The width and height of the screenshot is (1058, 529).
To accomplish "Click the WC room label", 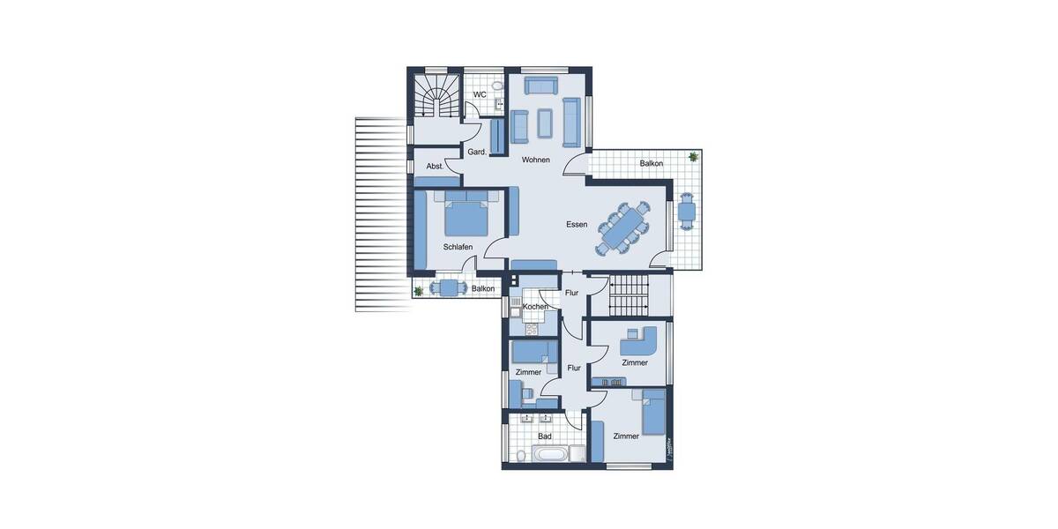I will coord(480,94).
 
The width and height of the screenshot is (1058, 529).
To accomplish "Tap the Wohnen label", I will coord(535,160).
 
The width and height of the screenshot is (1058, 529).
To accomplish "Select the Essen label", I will coord(577,225).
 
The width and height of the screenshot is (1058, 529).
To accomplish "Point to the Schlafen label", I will coord(458,247).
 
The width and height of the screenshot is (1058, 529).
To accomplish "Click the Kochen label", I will coord(535,306).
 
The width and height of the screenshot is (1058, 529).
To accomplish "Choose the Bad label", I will coord(545,436).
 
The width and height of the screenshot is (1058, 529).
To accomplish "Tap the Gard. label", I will coord(477,152).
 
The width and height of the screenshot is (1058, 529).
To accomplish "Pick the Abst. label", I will coord(435,166).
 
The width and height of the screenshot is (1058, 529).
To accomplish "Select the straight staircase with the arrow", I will coord(628,295).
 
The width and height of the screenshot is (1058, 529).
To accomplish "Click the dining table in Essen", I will coord(624,227).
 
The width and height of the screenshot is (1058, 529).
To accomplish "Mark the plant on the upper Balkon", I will coord(693,157).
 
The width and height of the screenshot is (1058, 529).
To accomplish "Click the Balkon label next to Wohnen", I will coord(652,163).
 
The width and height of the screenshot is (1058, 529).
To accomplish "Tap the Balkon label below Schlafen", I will coord(483,288).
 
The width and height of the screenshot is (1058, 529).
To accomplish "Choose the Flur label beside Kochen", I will coord(572,293).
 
